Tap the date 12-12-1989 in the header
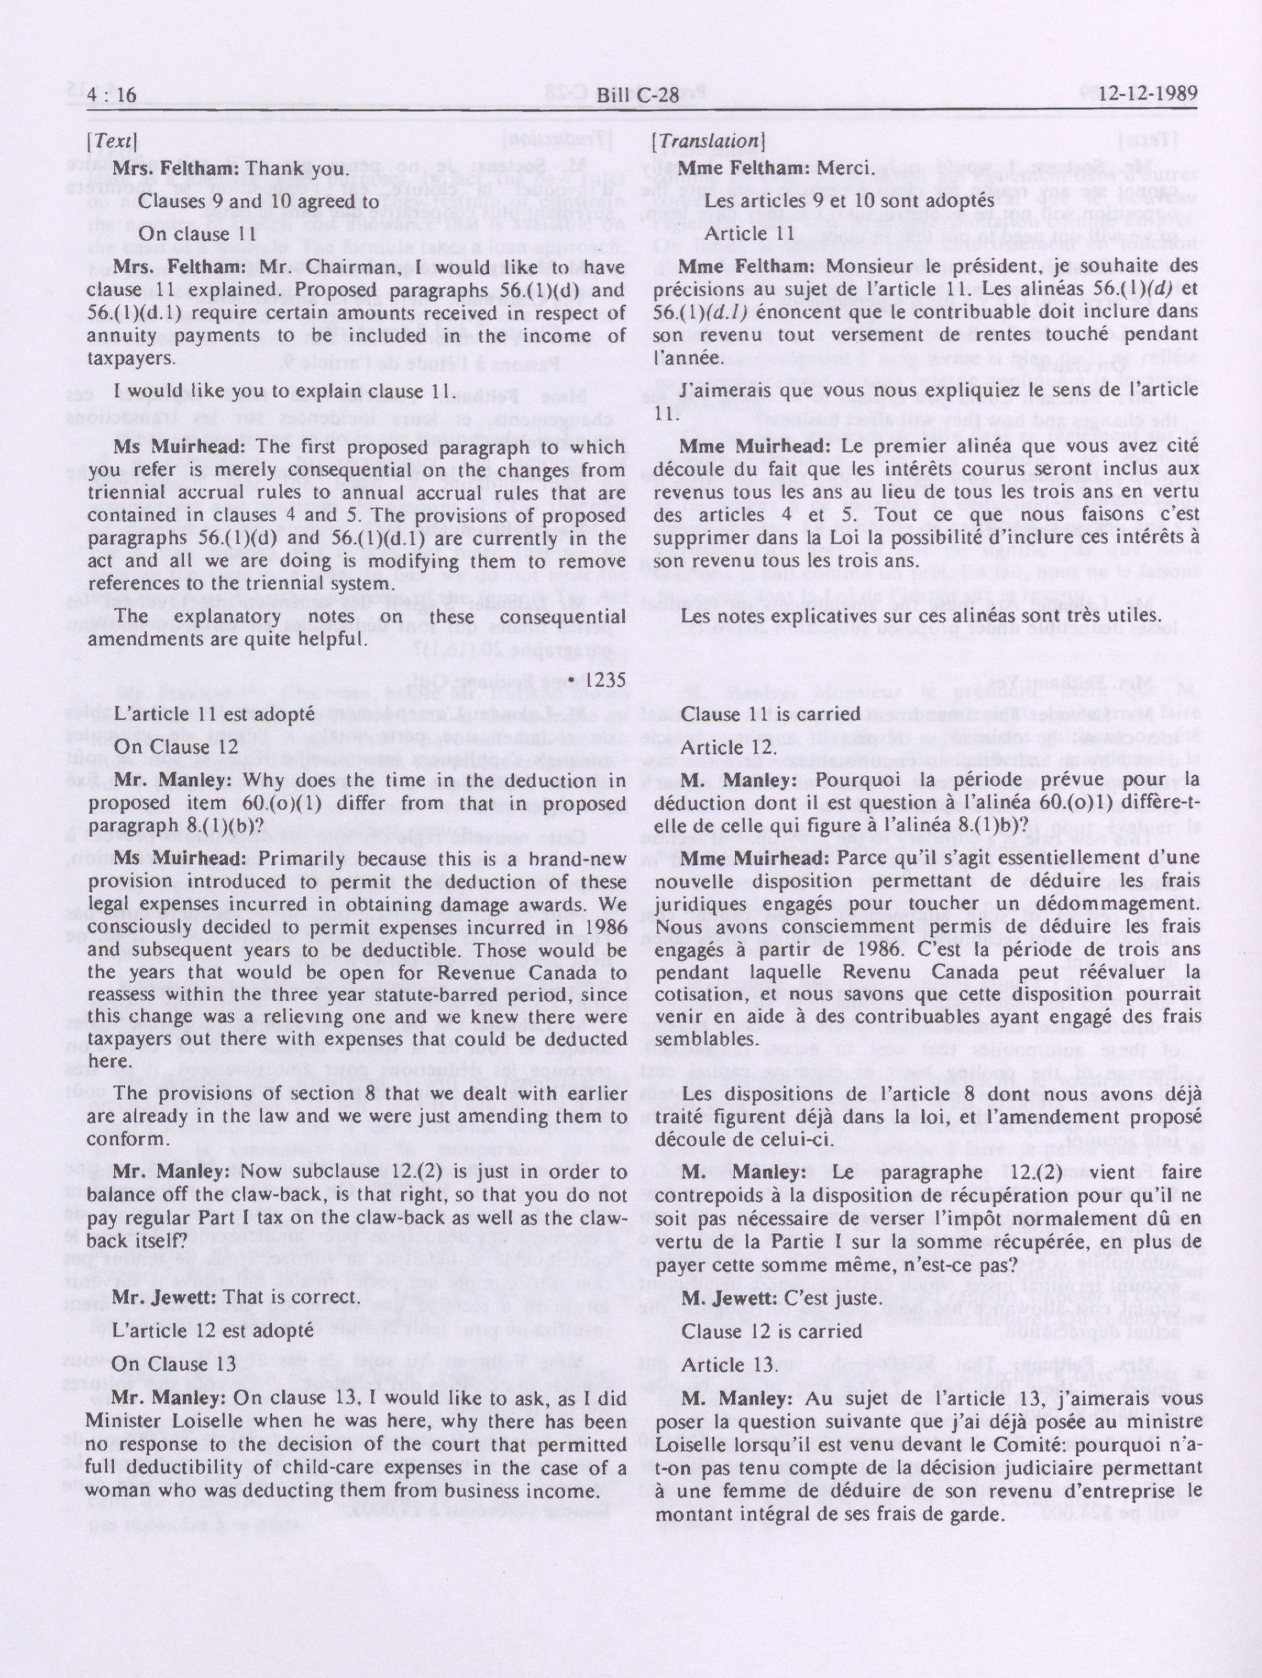tap(1138, 94)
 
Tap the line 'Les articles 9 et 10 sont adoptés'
tap(849, 201)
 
